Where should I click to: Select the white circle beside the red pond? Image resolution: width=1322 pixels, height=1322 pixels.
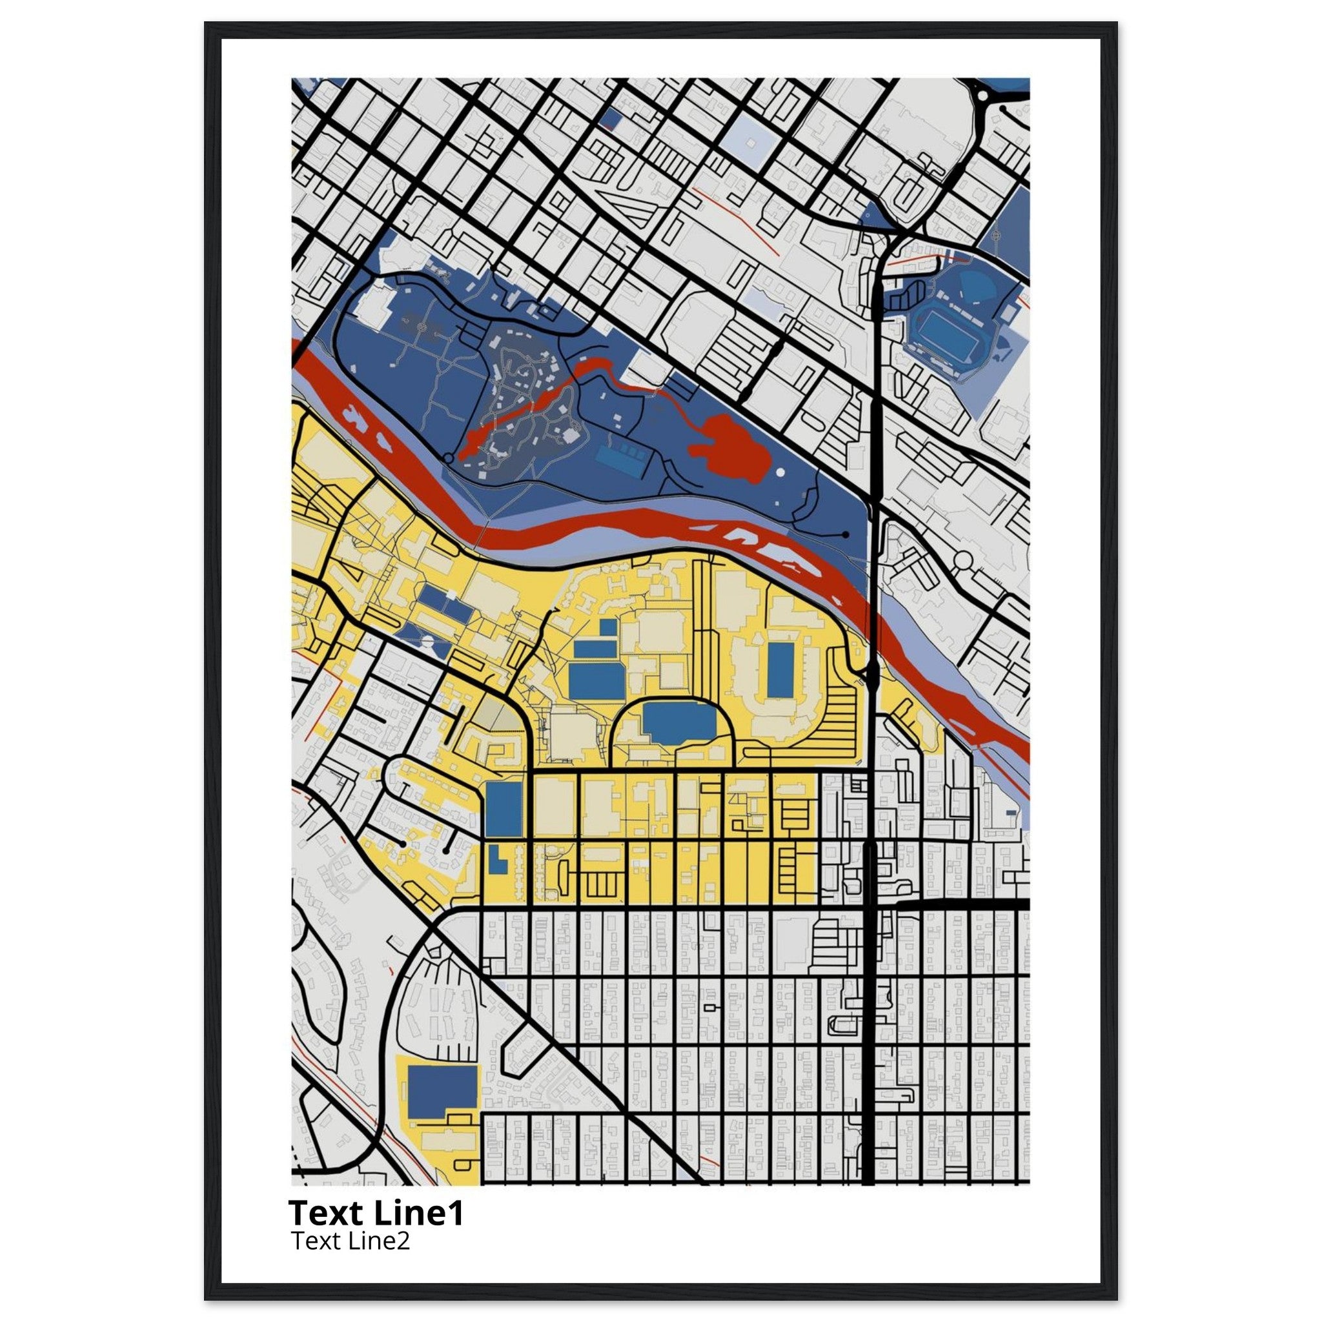[x=780, y=472]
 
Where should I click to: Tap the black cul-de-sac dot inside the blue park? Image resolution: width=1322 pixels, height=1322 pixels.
[x=846, y=534]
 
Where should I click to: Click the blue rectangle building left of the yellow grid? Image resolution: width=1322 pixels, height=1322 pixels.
[x=504, y=809]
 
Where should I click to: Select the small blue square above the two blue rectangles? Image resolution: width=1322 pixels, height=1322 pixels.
[x=607, y=627]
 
